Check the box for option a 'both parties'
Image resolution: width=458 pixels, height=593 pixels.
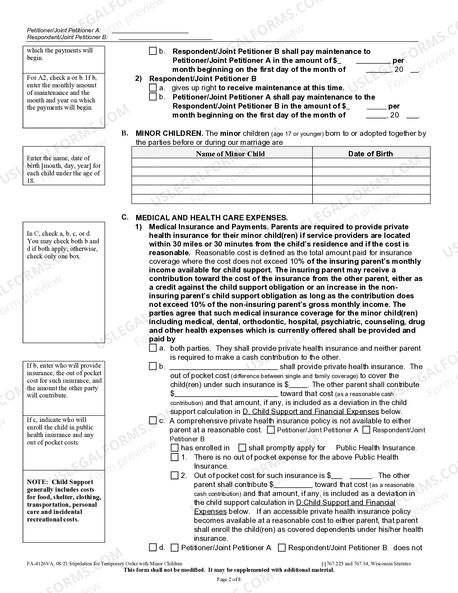[x=153, y=348]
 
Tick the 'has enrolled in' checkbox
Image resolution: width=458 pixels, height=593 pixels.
[x=175, y=448]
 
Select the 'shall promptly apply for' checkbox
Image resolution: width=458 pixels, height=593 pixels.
[x=242, y=448]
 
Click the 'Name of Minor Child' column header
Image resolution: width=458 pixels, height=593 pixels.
[x=230, y=154]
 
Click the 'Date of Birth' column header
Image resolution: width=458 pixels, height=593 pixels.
[x=370, y=154]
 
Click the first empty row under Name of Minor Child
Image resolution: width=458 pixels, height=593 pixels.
[x=222, y=163]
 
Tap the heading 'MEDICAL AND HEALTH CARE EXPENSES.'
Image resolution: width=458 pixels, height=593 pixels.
[x=211, y=218]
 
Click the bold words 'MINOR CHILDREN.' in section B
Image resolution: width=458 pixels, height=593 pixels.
[x=169, y=133]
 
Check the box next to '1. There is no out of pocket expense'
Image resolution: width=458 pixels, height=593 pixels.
[x=175, y=457]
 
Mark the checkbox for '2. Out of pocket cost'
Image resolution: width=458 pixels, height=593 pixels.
[x=175, y=475]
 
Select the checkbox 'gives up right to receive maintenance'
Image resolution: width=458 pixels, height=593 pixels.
[x=153, y=88]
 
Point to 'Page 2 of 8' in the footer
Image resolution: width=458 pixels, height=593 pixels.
[x=229, y=579]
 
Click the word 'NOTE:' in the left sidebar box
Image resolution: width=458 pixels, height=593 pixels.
[x=37, y=482]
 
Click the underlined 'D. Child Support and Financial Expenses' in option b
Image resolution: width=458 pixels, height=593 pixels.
[x=311, y=412]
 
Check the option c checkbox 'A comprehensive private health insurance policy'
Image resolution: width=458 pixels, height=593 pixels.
[x=153, y=420]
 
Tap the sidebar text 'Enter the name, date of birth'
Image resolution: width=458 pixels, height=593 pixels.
[x=58, y=158]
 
